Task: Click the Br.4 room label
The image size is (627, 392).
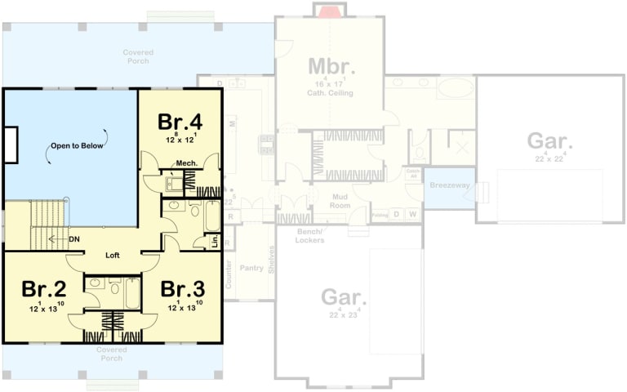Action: [x=180, y=122]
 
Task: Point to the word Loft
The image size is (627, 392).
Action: [x=113, y=256]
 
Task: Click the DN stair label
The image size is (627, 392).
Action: [x=74, y=239]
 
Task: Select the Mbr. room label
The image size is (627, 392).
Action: [x=329, y=66]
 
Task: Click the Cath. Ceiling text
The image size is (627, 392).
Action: [x=330, y=93]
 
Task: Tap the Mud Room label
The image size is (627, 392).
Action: [x=340, y=202]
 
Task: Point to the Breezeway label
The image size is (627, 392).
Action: [x=450, y=186]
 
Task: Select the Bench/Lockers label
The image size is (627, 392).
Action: [x=310, y=236]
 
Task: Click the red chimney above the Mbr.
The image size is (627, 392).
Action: [x=329, y=11]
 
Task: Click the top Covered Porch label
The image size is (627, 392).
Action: [x=139, y=56]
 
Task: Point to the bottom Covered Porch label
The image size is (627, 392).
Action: [x=111, y=354]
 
